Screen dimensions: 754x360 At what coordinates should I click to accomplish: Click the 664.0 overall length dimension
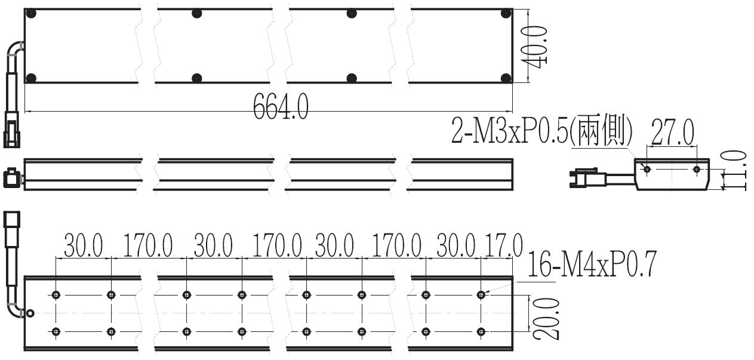pyautogui.click(x=281, y=106)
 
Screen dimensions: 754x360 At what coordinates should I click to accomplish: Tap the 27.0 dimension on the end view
pyautogui.click(x=673, y=132)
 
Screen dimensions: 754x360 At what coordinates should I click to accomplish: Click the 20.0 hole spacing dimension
pyautogui.click(x=547, y=318)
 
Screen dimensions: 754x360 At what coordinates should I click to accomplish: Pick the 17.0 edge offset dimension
pyautogui.click(x=504, y=245)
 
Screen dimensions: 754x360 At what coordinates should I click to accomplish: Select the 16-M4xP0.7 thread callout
pyautogui.click(x=592, y=264)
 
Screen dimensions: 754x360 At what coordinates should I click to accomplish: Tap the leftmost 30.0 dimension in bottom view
pyautogui.click(x=84, y=245)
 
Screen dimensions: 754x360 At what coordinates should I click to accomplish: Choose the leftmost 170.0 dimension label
pyautogui.click(x=148, y=245)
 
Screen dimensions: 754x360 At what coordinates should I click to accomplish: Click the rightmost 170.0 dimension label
pyautogui.click(x=396, y=245)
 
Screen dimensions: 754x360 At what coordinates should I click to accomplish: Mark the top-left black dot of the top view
pyautogui.click(x=31, y=14)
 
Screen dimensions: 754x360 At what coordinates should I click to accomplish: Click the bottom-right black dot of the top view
pyautogui.click(x=506, y=78)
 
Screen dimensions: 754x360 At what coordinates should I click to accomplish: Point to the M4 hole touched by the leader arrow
pyautogui.click(x=481, y=295)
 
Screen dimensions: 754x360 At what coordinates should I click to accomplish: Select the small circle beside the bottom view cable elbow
pyautogui.click(x=30, y=313)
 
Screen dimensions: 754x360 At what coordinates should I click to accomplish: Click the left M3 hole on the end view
pyautogui.click(x=647, y=169)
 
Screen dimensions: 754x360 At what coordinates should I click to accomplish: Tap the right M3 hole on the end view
pyautogui.click(x=697, y=169)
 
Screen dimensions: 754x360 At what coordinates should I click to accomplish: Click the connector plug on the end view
pyautogui.click(x=587, y=179)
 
